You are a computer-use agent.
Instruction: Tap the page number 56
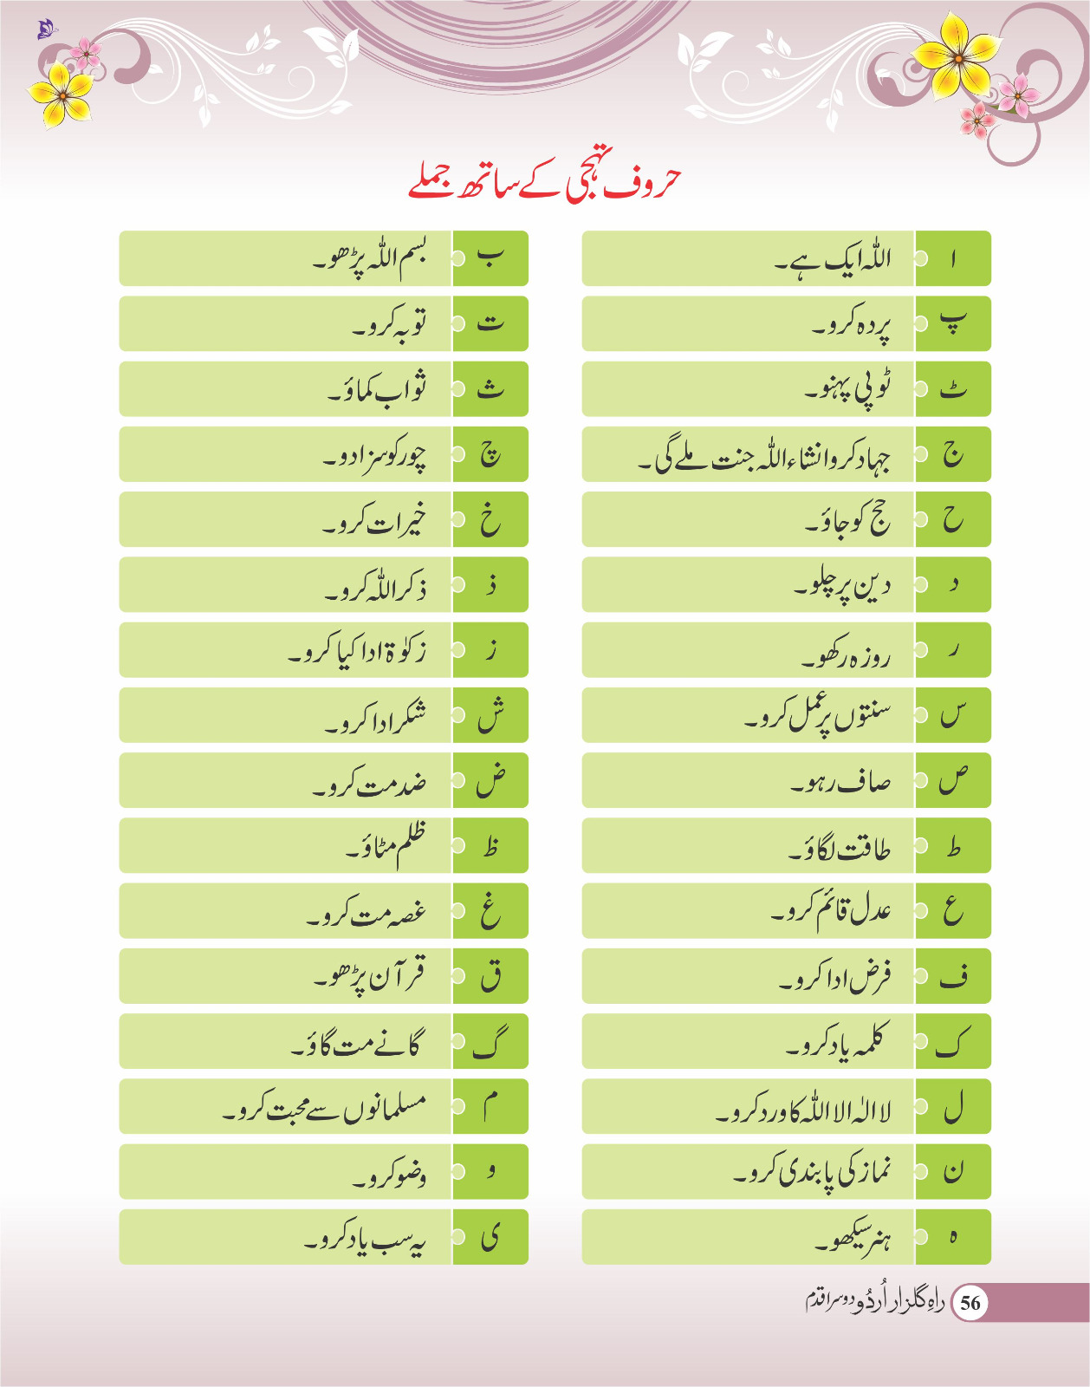pyautogui.click(x=970, y=1302)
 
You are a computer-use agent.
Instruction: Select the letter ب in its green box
pyautogui.click(x=490, y=258)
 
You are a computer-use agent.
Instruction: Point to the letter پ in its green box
pyautogui.click(x=953, y=323)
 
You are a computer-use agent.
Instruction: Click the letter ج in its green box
pyautogui.click(x=953, y=454)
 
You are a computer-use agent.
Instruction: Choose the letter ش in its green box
pyautogui.click(x=490, y=715)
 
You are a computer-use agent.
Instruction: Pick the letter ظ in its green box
pyautogui.click(x=490, y=846)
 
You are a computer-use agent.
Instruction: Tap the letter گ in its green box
pyautogui.click(x=490, y=1042)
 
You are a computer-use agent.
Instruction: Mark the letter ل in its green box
pyautogui.click(x=953, y=1107)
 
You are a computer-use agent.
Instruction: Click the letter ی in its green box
pyautogui.click(x=490, y=1237)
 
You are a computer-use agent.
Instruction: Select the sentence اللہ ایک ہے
pyautogui.click(x=832, y=258)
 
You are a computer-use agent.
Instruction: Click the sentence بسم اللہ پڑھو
pyautogui.click(x=370, y=258)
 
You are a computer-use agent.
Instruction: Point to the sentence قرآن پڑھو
pyautogui.click(x=370, y=977)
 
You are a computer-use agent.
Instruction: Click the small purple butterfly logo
pyautogui.click(x=47, y=30)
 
